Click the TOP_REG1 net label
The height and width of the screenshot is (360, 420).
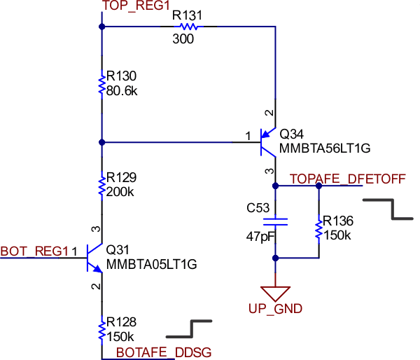click(x=136, y=6)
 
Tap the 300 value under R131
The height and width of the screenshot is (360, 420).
click(x=183, y=39)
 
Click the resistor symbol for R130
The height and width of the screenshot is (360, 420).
click(x=102, y=84)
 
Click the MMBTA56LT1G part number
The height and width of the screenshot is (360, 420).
click(x=324, y=148)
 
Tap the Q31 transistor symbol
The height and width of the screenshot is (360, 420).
click(x=93, y=257)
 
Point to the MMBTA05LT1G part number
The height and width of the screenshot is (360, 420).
click(x=151, y=264)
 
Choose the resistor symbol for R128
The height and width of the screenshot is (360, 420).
click(x=102, y=328)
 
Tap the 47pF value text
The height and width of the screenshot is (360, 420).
click(x=260, y=236)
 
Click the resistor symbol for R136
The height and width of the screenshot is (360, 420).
click(x=319, y=227)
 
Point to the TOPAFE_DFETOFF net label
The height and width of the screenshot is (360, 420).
click(x=347, y=179)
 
